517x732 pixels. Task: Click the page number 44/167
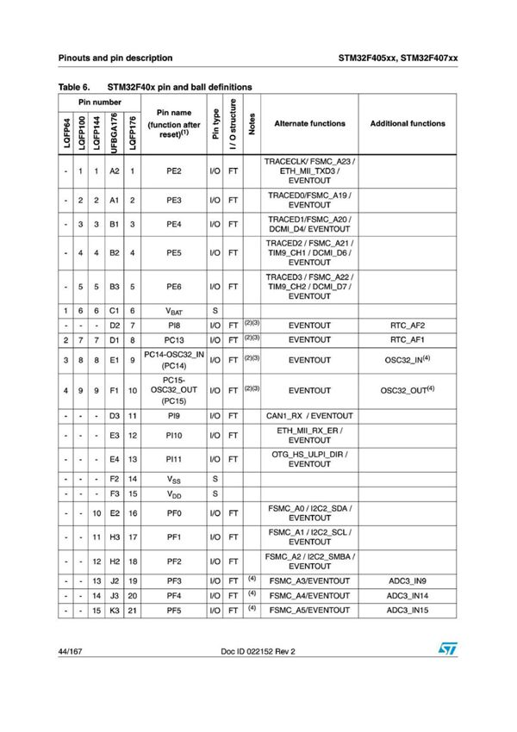(x=72, y=675)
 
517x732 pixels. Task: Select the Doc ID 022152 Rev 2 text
(x=258, y=675)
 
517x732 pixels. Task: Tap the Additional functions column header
(x=408, y=124)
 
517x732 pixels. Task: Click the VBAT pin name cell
(x=174, y=311)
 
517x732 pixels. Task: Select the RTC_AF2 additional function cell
(x=408, y=326)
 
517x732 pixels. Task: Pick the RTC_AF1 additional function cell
(x=408, y=341)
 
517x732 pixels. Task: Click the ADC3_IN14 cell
(x=408, y=595)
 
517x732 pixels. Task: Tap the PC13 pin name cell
(x=174, y=341)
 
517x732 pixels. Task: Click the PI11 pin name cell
(x=174, y=458)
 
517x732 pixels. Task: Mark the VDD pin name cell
(x=174, y=493)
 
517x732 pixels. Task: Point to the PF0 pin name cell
(x=174, y=514)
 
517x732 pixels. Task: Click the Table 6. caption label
(x=75, y=87)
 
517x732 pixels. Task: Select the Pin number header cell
(x=99, y=102)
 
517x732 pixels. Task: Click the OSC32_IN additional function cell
(x=408, y=362)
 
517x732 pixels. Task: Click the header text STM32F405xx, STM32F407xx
(x=397, y=58)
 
